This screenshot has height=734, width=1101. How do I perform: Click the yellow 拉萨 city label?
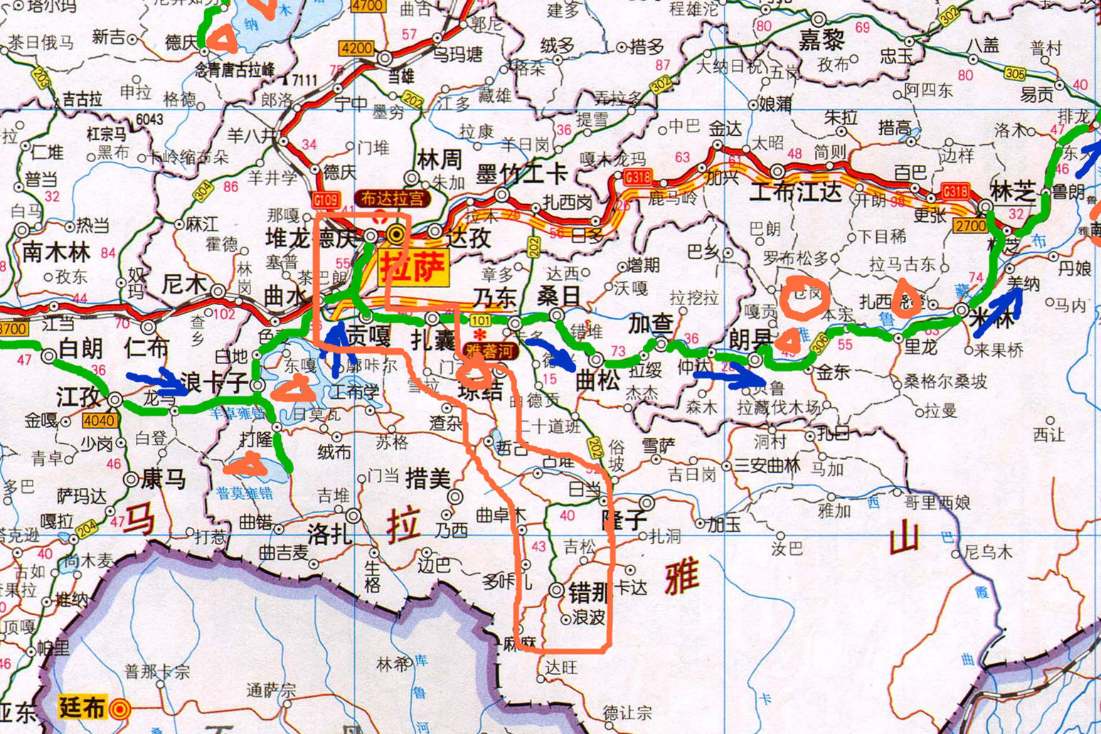click(413, 267)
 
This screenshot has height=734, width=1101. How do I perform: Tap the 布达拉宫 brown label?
click(393, 199)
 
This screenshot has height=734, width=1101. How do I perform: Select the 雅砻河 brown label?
click(490, 350)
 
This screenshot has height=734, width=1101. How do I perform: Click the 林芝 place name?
click(1013, 190)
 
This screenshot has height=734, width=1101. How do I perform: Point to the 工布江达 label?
click(796, 191)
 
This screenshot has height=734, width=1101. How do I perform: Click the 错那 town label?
click(588, 591)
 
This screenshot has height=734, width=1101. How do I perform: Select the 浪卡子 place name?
click(213, 383)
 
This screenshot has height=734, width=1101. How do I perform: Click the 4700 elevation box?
click(368, 5)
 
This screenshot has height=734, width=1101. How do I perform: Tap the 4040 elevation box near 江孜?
click(99, 420)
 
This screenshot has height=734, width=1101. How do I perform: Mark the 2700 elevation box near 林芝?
click(969, 226)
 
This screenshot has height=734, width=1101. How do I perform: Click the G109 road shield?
click(326, 201)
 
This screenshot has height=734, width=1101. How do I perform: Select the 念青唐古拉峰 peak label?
click(235, 69)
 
